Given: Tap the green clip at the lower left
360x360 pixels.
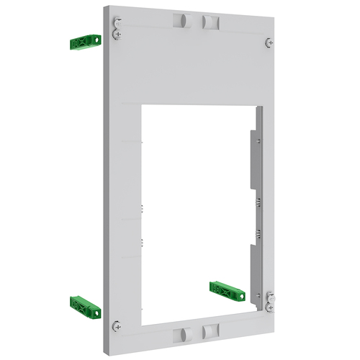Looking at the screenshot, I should [x=84, y=306].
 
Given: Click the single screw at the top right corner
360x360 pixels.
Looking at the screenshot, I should [x=269, y=42].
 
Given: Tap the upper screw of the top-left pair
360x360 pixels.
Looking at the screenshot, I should [x=117, y=22].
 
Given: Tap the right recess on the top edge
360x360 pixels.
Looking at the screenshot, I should [x=210, y=22].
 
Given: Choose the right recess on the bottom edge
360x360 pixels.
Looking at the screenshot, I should [x=210, y=331].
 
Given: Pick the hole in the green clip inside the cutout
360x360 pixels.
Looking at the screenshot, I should [x=219, y=289].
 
